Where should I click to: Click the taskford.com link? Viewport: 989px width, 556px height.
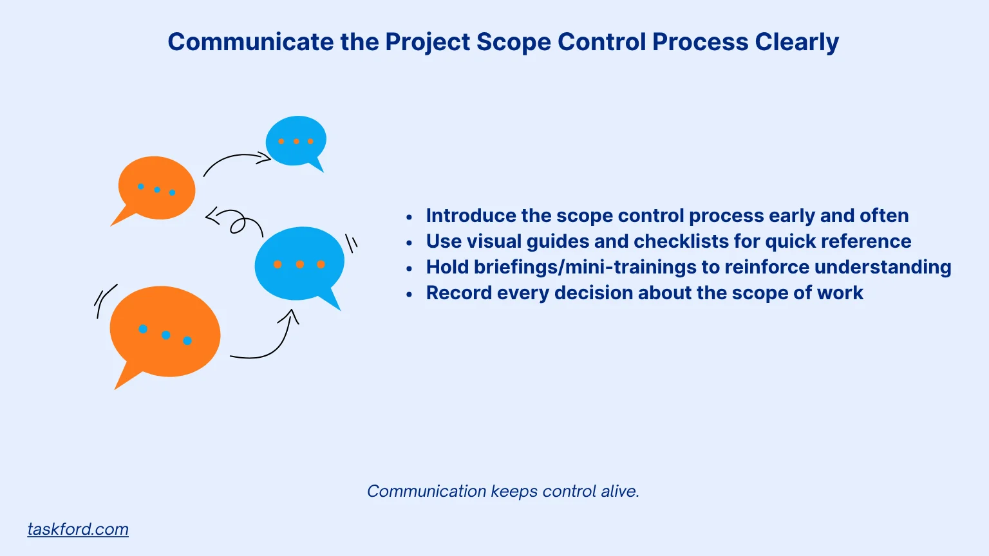click(x=78, y=529)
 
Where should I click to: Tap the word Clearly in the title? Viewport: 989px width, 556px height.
click(x=796, y=42)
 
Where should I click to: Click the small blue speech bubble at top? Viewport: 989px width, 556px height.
click(x=296, y=140)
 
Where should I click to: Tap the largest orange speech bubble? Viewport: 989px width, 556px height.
click(x=165, y=332)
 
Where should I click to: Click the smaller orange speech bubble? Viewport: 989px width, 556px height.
click(x=156, y=188)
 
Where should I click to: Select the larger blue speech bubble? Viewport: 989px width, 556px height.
click(x=299, y=263)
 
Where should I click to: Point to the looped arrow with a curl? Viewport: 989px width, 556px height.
click(x=236, y=222)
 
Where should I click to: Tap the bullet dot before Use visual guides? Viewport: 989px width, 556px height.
click(x=410, y=243)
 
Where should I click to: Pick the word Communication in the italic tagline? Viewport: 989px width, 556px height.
click(x=426, y=491)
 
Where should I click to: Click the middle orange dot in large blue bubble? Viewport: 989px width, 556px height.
click(x=299, y=264)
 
